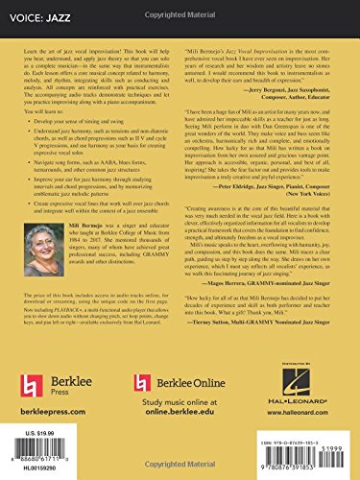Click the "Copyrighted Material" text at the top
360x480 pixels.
pyautogui.click(x=180, y=5)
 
